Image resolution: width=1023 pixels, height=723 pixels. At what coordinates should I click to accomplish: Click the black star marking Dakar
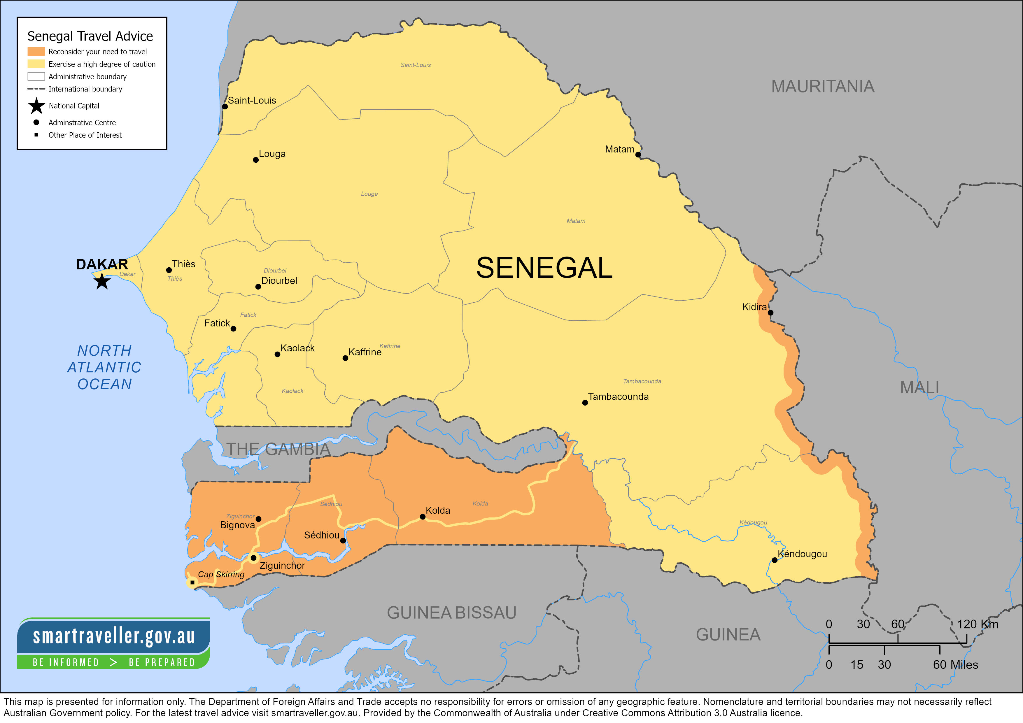(x=102, y=281)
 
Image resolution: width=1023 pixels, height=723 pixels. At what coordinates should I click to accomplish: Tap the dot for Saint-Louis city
(x=225, y=106)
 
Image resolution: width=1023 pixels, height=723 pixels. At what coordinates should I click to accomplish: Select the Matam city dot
(x=638, y=155)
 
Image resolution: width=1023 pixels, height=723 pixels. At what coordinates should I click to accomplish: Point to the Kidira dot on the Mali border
(x=770, y=313)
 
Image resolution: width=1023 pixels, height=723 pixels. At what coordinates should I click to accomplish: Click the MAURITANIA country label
(x=822, y=86)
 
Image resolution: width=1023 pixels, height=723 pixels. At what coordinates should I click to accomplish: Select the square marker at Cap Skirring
(x=192, y=582)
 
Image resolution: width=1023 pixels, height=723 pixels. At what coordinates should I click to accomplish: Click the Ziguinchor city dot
(x=253, y=558)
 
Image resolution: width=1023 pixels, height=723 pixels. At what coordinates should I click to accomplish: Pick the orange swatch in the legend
(x=36, y=52)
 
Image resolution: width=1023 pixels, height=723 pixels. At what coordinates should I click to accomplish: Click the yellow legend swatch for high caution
(x=36, y=64)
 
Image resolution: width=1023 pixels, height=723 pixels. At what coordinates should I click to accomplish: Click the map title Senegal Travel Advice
(x=90, y=36)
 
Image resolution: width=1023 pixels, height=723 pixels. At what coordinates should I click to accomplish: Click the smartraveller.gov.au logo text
(x=114, y=636)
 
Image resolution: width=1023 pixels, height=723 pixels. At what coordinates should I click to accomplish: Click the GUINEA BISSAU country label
(x=451, y=613)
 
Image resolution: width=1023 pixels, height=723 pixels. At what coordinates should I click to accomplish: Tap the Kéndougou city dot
(x=774, y=560)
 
